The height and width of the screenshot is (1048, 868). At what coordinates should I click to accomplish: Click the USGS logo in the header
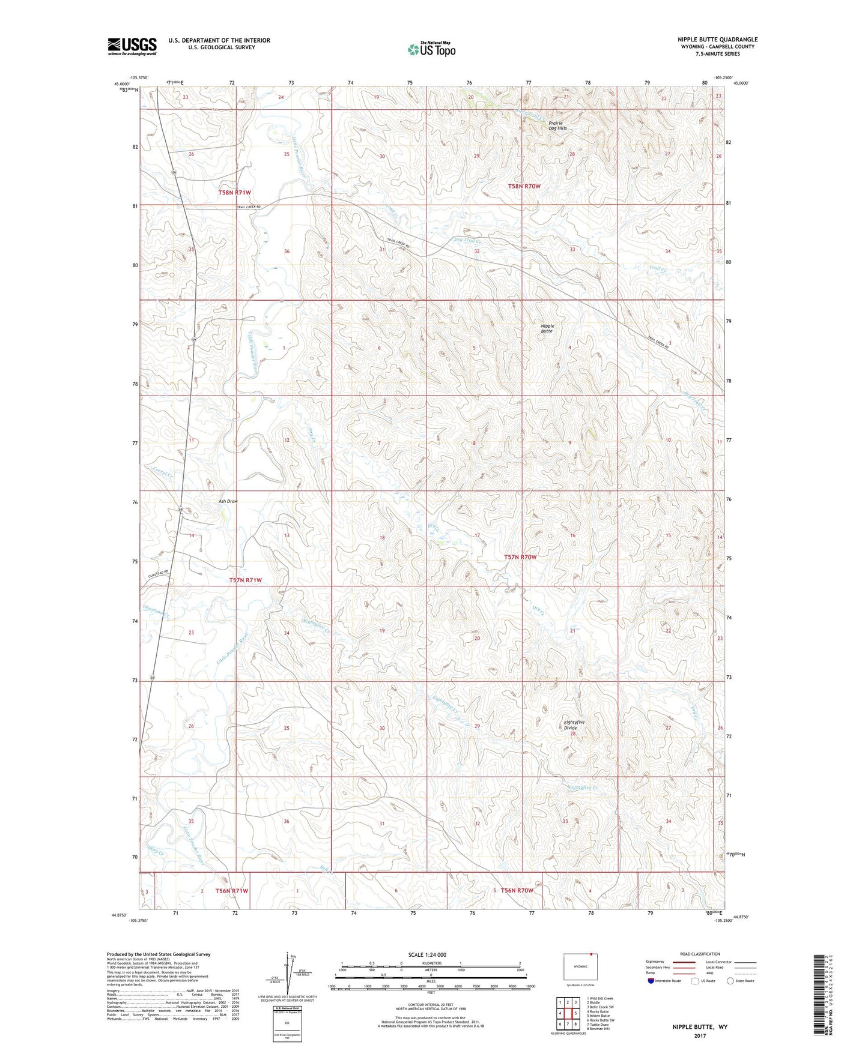point(132,46)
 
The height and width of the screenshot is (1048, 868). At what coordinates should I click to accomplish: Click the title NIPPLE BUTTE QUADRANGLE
point(717,40)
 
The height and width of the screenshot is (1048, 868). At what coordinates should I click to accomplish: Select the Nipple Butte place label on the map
point(547,328)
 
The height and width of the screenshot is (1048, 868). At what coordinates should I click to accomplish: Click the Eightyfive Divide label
point(574,724)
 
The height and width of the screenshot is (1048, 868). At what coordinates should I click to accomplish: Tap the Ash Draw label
point(228,501)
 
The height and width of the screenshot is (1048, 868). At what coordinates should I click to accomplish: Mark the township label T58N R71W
point(234,193)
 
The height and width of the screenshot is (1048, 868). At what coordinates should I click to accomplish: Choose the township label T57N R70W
point(520,557)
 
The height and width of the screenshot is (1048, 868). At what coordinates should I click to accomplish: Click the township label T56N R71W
point(232,891)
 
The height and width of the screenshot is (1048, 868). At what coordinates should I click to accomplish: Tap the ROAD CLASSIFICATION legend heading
point(700,954)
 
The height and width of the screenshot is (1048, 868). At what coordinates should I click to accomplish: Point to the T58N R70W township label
point(524,187)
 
